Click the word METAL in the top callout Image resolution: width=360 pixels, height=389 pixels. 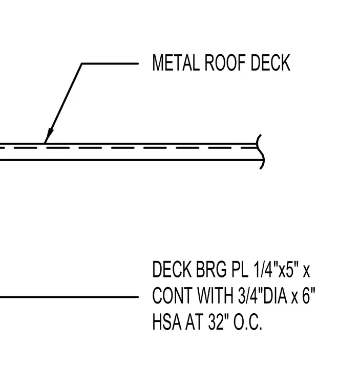(x=176, y=63)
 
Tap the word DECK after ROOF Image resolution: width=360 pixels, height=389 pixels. (x=270, y=63)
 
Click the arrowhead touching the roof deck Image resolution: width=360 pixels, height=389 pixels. (x=49, y=136)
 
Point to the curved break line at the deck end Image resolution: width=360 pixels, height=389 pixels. (x=261, y=152)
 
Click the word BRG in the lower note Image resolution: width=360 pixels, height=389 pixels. (x=211, y=270)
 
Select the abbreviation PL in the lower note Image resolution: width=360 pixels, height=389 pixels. (x=240, y=270)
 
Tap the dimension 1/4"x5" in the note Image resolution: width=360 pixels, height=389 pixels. (x=275, y=270)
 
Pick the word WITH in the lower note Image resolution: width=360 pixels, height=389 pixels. (x=215, y=296)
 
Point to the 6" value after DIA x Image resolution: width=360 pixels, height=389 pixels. (x=309, y=296)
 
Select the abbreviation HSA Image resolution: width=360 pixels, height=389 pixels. (x=166, y=322)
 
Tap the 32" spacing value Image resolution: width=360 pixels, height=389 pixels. (x=219, y=322)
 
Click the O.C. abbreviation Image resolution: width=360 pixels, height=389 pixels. (x=248, y=322)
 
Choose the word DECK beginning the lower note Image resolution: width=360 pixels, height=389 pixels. (x=172, y=270)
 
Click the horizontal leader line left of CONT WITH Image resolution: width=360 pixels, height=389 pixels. (x=69, y=297)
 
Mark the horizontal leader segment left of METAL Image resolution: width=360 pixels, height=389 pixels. (x=110, y=64)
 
